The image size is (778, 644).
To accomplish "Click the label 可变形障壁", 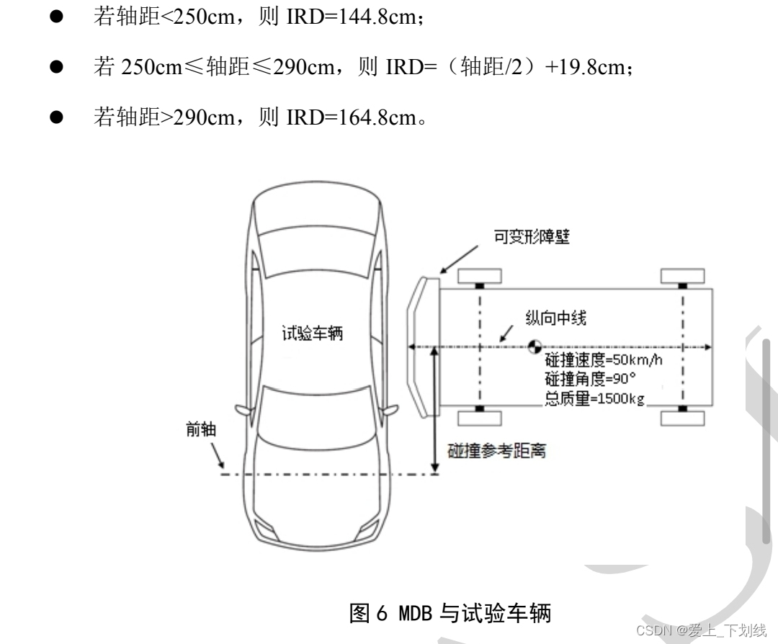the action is [531, 238].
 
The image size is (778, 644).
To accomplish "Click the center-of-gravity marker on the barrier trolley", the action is [534, 346].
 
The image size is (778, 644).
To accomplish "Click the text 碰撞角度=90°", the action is [585, 380].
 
